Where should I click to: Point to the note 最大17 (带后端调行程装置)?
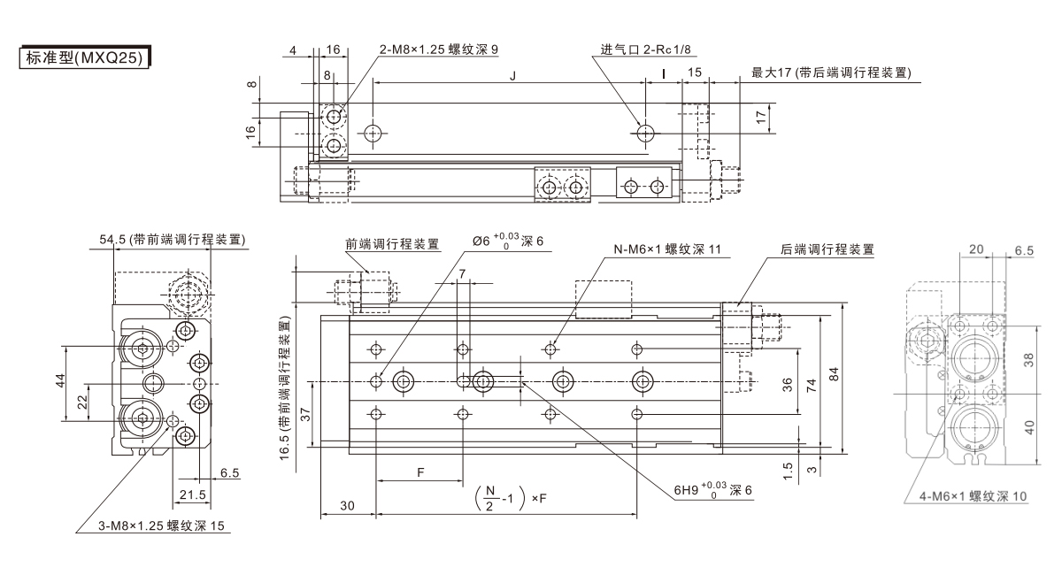click(831, 73)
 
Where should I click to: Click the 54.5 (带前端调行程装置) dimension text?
click(172, 240)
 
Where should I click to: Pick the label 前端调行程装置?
click(392, 244)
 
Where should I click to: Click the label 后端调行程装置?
click(827, 249)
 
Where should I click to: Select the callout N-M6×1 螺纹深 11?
click(668, 249)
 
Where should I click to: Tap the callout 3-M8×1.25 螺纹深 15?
click(162, 527)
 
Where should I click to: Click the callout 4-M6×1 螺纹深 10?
click(971, 497)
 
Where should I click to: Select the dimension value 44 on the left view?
click(60, 380)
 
